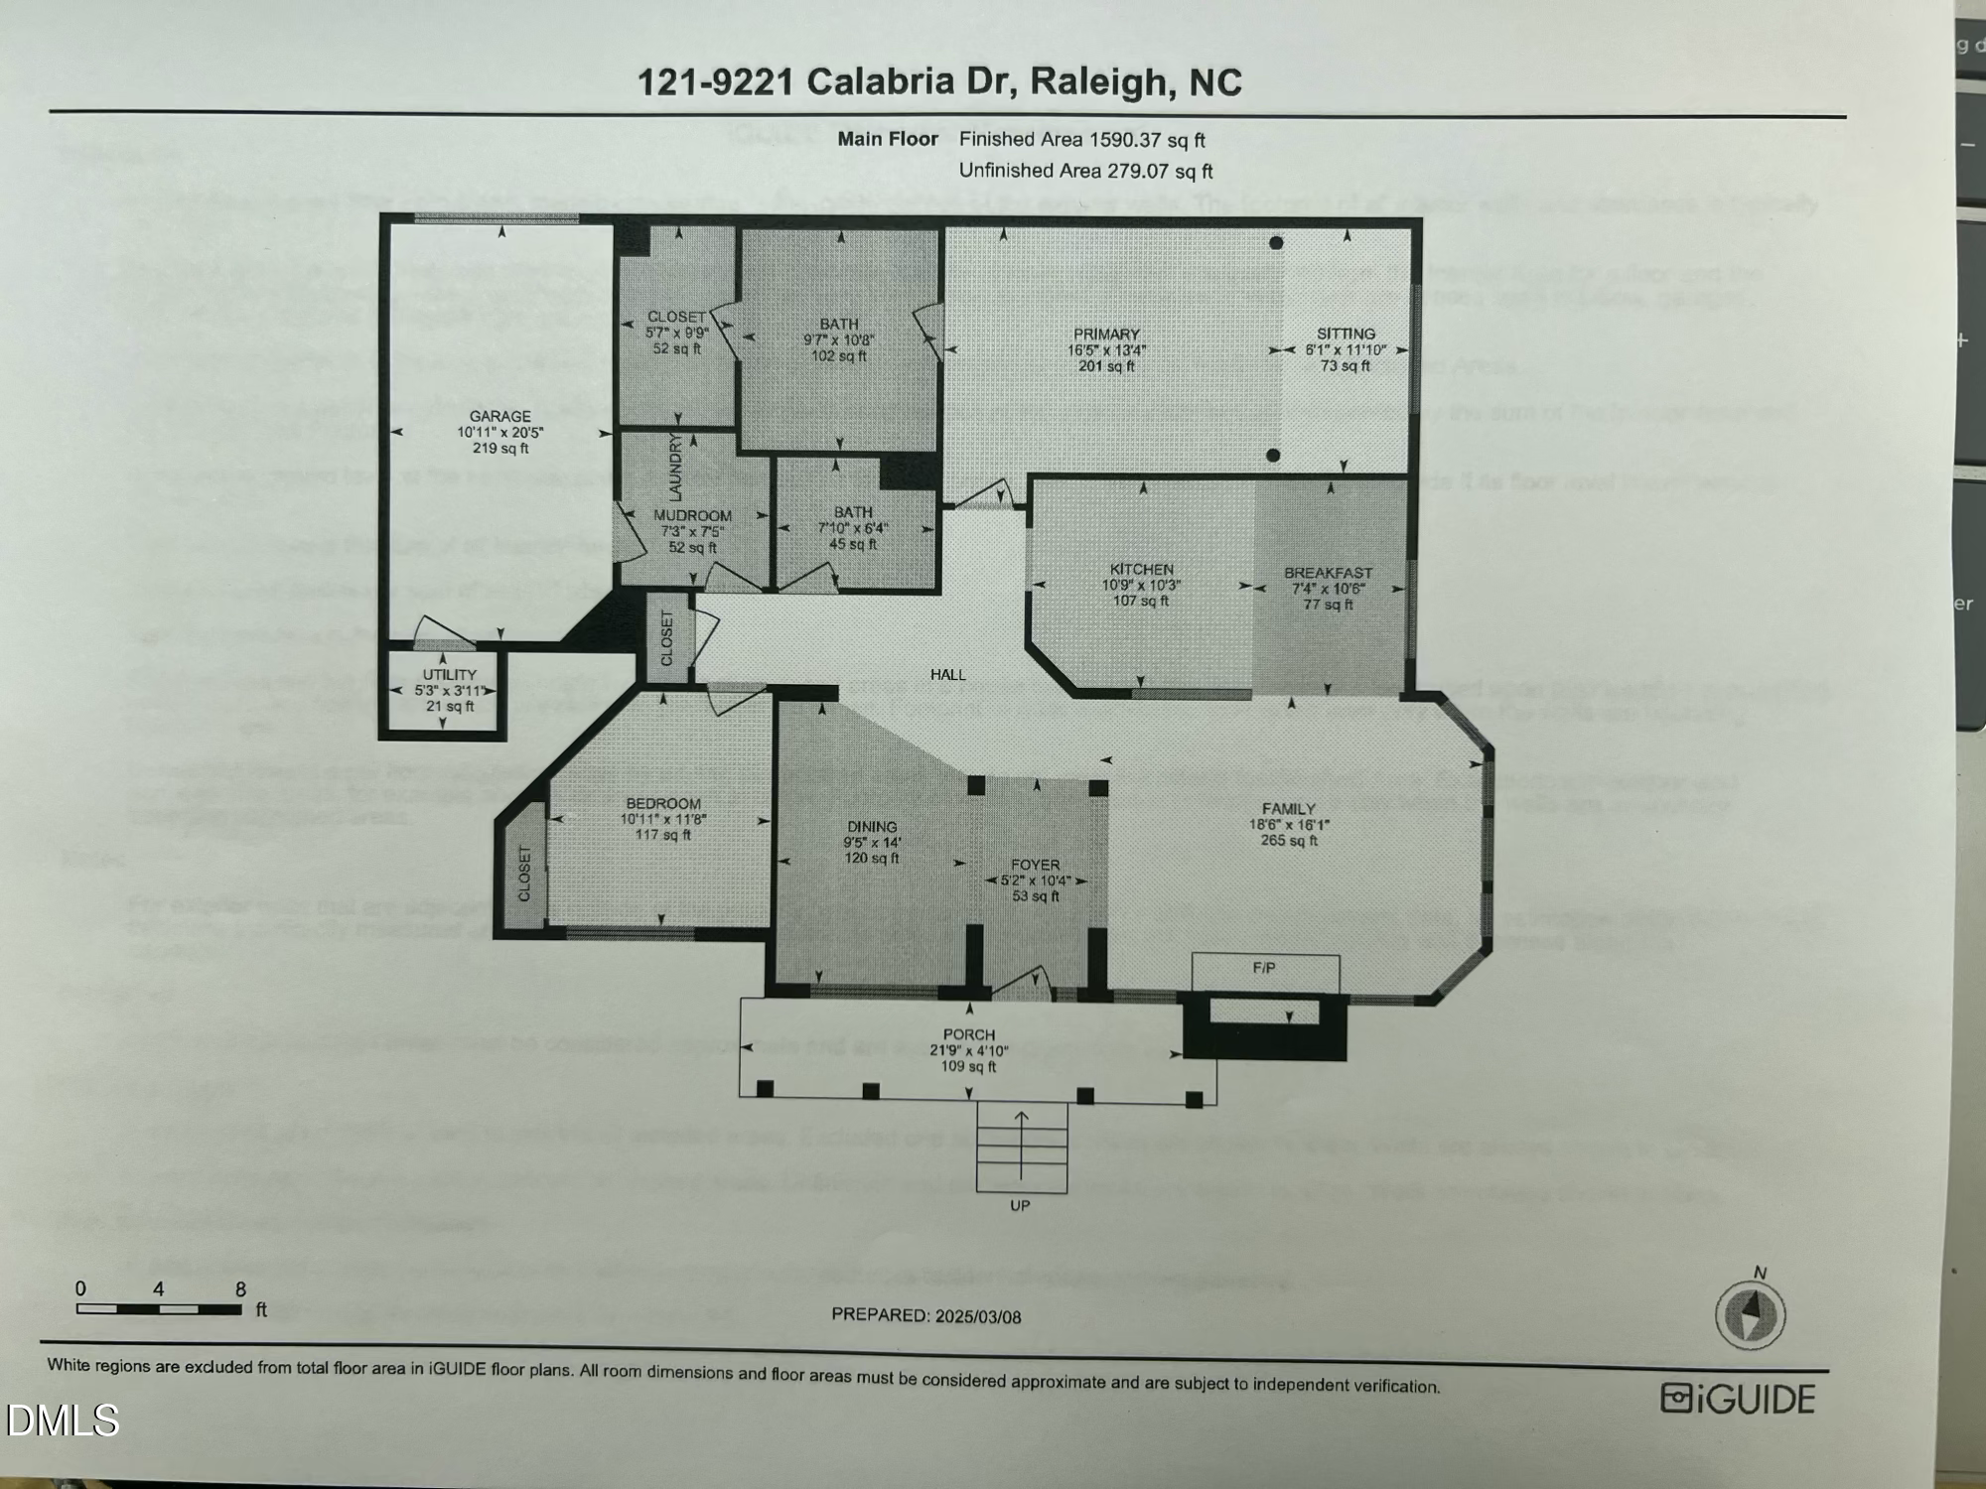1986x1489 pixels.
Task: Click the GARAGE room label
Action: pyautogui.click(x=500, y=416)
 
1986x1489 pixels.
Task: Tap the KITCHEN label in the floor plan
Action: pyautogui.click(x=1141, y=569)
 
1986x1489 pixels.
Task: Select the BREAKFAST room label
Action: pyautogui.click(x=1328, y=573)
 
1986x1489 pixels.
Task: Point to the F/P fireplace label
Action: pyautogui.click(x=1263, y=967)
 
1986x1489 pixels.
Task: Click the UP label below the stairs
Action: pyautogui.click(x=1020, y=1205)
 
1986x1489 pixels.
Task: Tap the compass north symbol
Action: pyautogui.click(x=1751, y=1313)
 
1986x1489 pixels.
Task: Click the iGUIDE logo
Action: pyautogui.click(x=1738, y=1399)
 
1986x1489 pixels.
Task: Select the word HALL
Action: pyautogui.click(x=947, y=675)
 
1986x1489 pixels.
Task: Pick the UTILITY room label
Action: pyautogui.click(x=450, y=674)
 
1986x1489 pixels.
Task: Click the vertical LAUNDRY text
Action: pyautogui.click(x=675, y=467)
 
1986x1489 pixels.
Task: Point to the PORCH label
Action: pyautogui.click(x=969, y=1034)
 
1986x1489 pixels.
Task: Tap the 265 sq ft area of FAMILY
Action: pyautogui.click(x=1289, y=841)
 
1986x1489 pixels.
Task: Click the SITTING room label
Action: pyautogui.click(x=1346, y=334)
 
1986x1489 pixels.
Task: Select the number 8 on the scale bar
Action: pyautogui.click(x=240, y=1289)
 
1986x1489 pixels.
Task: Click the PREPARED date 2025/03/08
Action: pyautogui.click(x=977, y=1316)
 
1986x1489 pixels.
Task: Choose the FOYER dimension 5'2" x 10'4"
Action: pyautogui.click(x=1035, y=880)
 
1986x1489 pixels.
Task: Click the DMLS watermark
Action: pyautogui.click(x=62, y=1421)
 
